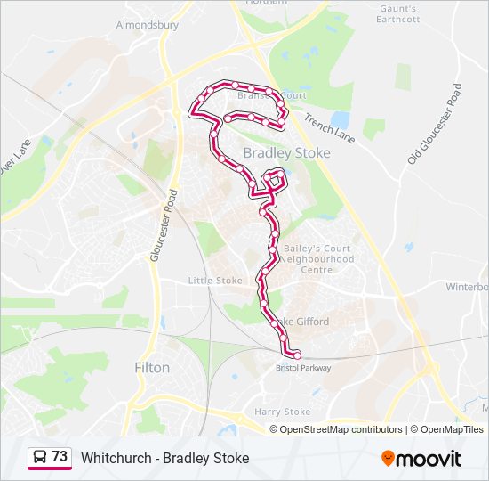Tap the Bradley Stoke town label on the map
point(286,153)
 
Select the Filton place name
point(151,367)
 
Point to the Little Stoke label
point(215,281)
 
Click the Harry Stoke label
point(283,412)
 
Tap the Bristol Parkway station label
point(303,368)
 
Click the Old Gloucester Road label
point(435,124)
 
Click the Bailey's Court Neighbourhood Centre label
point(317,259)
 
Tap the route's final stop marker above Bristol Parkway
point(297,355)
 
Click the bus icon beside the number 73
point(39,458)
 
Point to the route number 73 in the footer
point(60,457)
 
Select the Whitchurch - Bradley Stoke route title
point(164,458)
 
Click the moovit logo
point(421,458)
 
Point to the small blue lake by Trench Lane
point(340,118)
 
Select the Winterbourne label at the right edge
point(468,287)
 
